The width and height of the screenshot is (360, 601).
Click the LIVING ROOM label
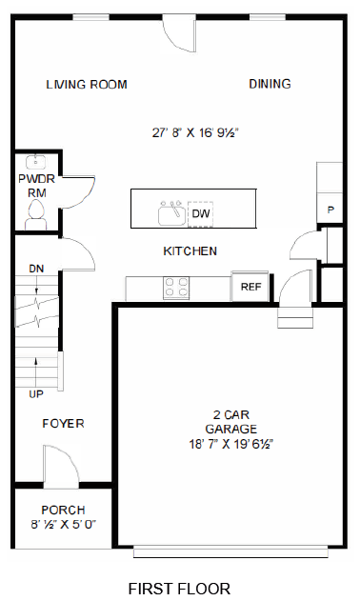coord(87,85)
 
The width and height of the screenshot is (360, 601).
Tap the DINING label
coord(270,84)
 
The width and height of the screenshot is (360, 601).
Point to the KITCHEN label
coord(190,251)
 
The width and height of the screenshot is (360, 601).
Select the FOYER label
coord(63,423)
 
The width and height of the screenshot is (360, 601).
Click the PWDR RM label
coord(37,186)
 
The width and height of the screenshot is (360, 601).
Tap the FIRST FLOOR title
coord(179,589)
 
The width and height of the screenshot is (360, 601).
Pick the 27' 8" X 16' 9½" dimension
coord(195,134)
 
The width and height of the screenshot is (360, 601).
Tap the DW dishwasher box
coord(201,213)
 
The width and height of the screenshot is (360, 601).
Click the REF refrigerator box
coord(250,287)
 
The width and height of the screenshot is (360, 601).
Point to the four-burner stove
coord(176,287)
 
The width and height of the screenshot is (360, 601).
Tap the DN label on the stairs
coord(36,269)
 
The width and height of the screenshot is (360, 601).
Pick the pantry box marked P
coord(330,210)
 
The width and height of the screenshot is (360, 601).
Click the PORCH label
coord(63,510)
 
